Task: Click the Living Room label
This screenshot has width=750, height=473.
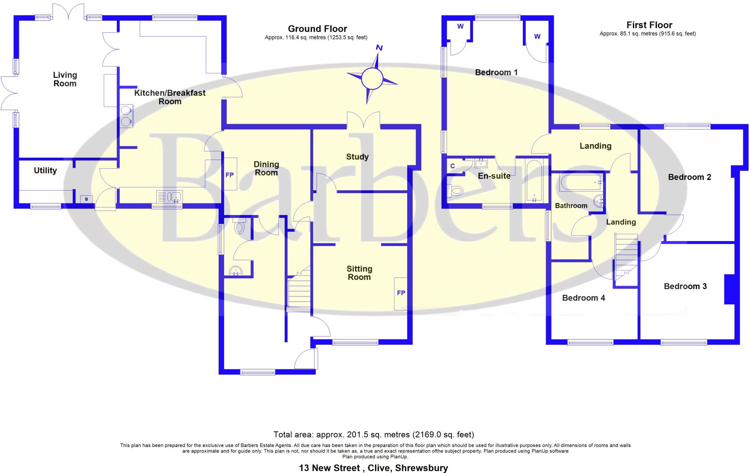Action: click(65, 79)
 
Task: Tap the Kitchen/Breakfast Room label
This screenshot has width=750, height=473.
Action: click(170, 97)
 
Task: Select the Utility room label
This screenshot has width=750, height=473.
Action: click(45, 170)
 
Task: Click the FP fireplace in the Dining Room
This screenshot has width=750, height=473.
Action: click(230, 174)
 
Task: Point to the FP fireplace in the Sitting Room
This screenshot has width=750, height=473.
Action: click(401, 293)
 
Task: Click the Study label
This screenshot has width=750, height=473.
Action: click(357, 157)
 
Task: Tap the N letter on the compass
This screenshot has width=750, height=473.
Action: click(379, 48)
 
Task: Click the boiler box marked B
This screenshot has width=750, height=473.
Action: click(86, 199)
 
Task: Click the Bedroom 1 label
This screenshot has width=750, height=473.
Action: click(496, 72)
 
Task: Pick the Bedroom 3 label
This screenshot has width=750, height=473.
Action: click(685, 286)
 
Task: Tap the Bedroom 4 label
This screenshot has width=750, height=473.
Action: click(583, 298)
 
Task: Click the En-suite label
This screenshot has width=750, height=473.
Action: click(494, 176)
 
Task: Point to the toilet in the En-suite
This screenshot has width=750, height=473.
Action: click(456, 191)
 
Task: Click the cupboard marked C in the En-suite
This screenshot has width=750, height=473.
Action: click(453, 166)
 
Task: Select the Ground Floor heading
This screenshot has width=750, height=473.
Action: click(317, 29)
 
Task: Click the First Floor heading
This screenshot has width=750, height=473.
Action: click(649, 25)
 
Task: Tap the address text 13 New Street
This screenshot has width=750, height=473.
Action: click(330, 468)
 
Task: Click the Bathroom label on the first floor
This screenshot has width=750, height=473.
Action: click(571, 206)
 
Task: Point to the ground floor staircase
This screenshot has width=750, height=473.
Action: click(299, 293)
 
